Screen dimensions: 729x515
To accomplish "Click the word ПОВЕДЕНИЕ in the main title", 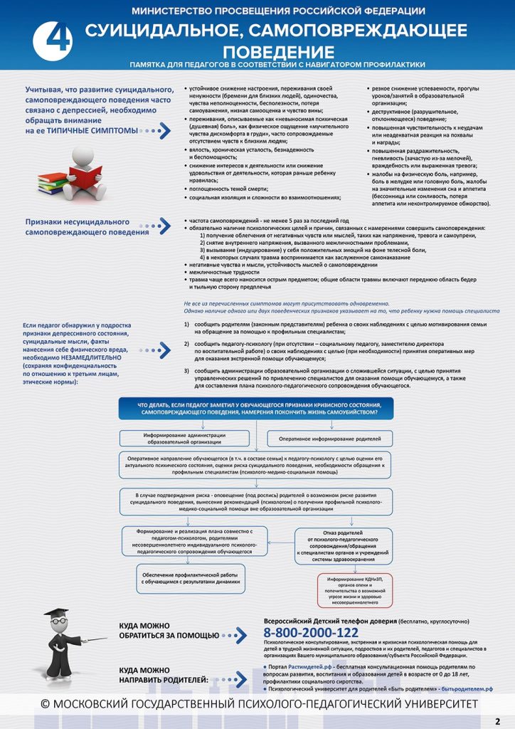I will pyautogui.click(x=277, y=52).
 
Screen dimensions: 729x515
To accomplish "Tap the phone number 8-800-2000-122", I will pyautogui.click(x=311, y=632).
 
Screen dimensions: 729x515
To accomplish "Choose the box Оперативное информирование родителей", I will pyautogui.click(x=329, y=439).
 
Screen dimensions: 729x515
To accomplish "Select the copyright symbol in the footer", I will pyautogui.click(x=44, y=704).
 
